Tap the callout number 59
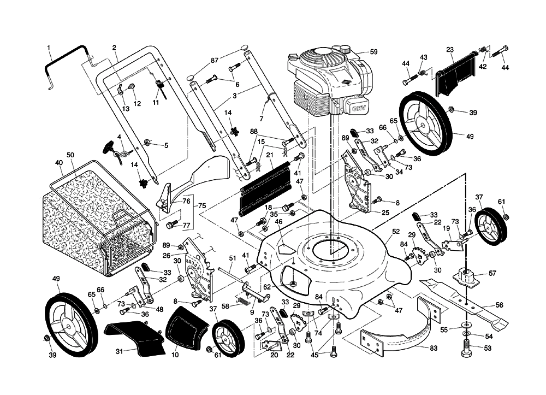pos(373,52)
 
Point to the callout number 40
pos(59,162)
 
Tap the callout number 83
pos(433,348)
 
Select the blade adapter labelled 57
pos(467,275)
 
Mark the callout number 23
pos(450,49)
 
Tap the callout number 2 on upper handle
pos(114,48)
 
